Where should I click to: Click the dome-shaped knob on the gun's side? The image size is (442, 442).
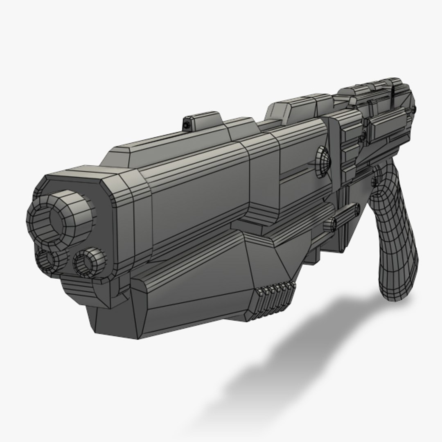(323, 162)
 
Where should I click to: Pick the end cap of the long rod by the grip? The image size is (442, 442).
(357, 209)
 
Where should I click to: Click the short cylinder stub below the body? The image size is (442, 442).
(330, 225)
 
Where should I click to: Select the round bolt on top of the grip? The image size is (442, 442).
(377, 177)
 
